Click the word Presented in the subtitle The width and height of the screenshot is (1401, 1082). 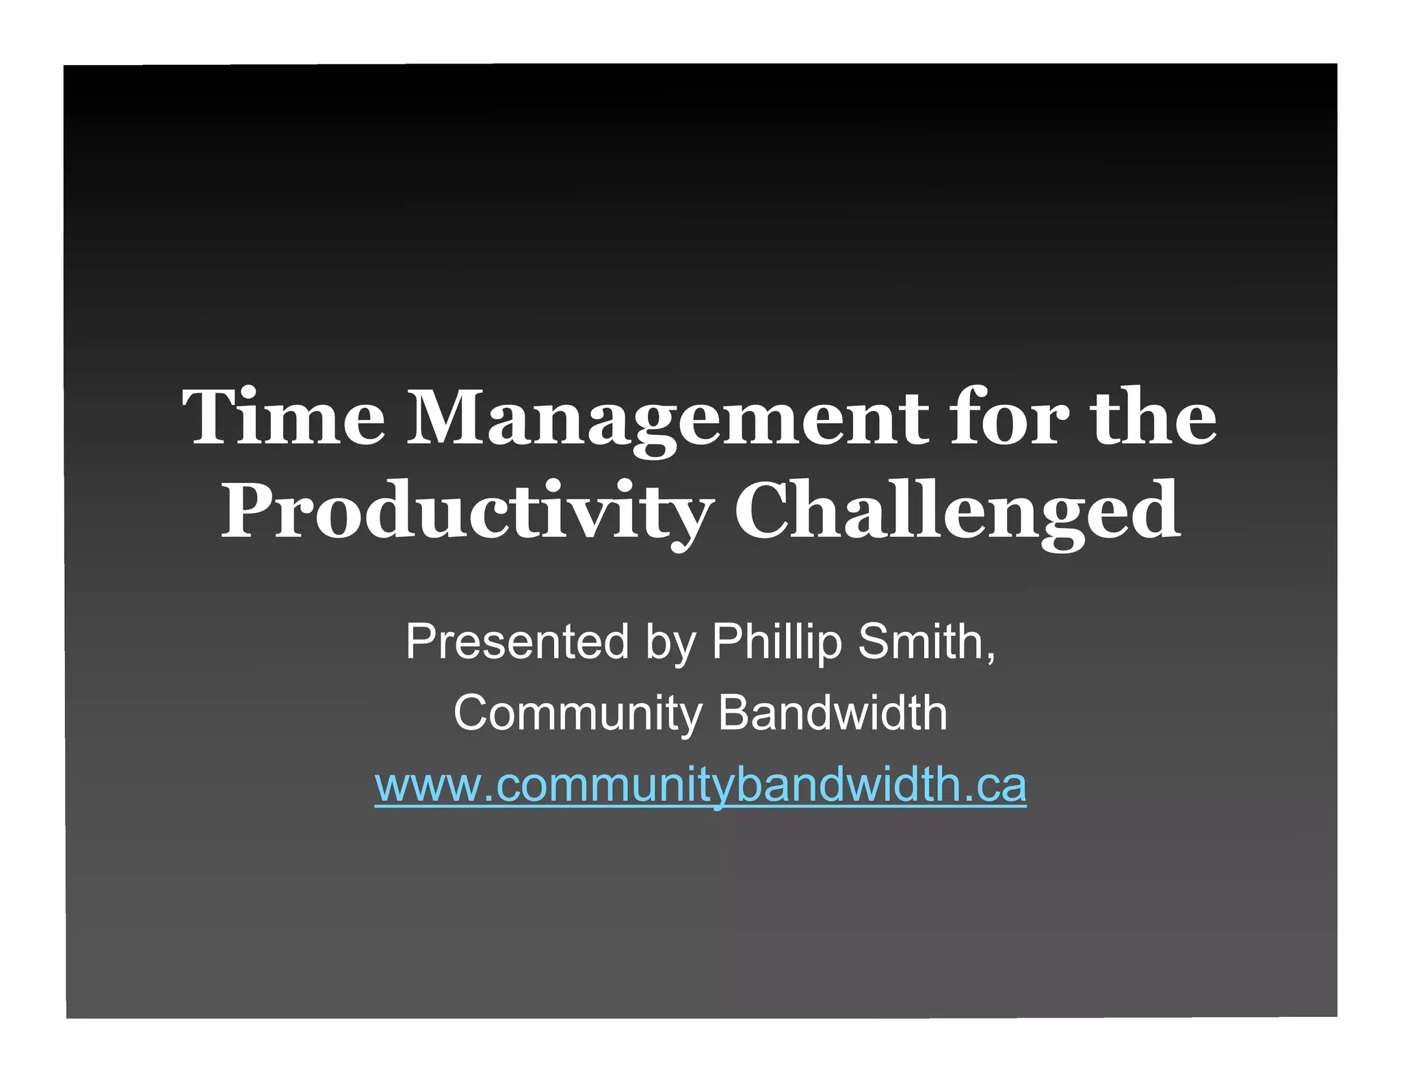[x=516, y=642]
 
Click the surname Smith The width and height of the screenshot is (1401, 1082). [x=920, y=642]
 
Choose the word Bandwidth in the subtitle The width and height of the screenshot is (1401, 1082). [x=833, y=713]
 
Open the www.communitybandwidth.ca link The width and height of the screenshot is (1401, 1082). [x=700, y=785]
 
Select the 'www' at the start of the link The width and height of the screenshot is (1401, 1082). [x=428, y=787]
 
